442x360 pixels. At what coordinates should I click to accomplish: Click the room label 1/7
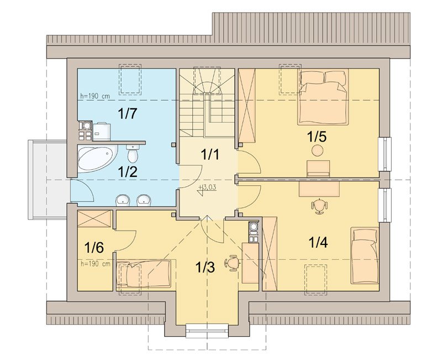click(128, 113)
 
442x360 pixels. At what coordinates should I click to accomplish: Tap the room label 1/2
click(128, 171)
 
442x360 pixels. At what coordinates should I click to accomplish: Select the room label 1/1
click(210, 154)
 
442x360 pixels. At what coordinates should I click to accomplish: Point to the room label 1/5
click(317, 137)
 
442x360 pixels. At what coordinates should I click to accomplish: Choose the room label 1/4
click(318, 242)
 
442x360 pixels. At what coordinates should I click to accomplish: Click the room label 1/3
click(205, 267)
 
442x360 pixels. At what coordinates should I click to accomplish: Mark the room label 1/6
click(94, 247)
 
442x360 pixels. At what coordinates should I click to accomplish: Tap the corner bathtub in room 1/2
click(97, 159)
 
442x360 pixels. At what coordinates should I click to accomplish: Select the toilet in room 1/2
click(133, 153)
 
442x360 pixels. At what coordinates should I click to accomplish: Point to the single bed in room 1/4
click(365, 255)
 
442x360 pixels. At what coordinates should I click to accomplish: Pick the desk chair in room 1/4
click(319, 206)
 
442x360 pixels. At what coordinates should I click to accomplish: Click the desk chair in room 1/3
click(233, 263)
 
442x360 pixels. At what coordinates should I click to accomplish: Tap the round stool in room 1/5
click(317, 150)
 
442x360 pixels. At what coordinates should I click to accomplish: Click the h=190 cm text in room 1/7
click(95, 96)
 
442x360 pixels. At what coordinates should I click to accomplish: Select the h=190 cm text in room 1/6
click(95, 264)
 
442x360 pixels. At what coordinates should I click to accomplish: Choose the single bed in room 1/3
click(143, 274)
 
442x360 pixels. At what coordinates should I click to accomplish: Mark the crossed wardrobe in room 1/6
click(94, 218)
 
